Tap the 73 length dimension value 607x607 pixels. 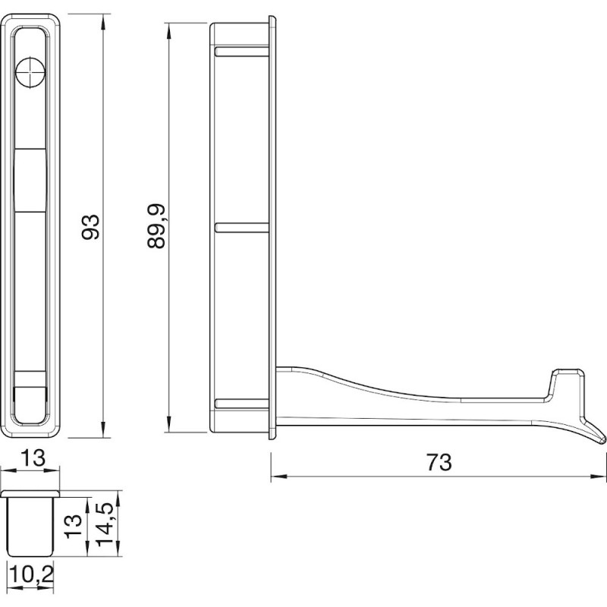click(439, 461)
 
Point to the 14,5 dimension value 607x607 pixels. click(105, 524)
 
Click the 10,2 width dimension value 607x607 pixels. click(30, 574)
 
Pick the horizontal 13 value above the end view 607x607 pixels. click(30, 458)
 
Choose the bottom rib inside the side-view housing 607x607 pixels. click(242, 403)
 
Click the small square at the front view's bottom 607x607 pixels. click(30, 398)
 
